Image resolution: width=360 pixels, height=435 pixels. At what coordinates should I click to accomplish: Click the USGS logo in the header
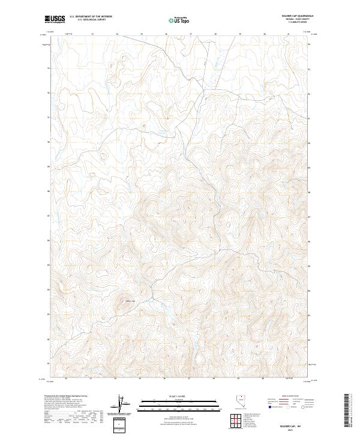coord(55,20)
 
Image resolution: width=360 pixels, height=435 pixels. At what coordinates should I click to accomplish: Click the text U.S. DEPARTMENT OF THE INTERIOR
coord(91,17)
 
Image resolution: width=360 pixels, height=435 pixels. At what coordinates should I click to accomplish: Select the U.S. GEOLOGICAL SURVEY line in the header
coord(91,20)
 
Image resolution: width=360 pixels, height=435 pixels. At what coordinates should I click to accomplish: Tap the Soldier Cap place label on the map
coord(130,301)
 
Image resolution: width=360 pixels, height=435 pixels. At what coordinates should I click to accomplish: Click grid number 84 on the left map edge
coord(47,290)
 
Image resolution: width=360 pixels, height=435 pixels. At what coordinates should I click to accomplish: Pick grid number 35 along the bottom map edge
coord(140,379)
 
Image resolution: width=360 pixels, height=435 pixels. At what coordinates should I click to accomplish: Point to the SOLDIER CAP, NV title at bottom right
coord(289,423)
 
